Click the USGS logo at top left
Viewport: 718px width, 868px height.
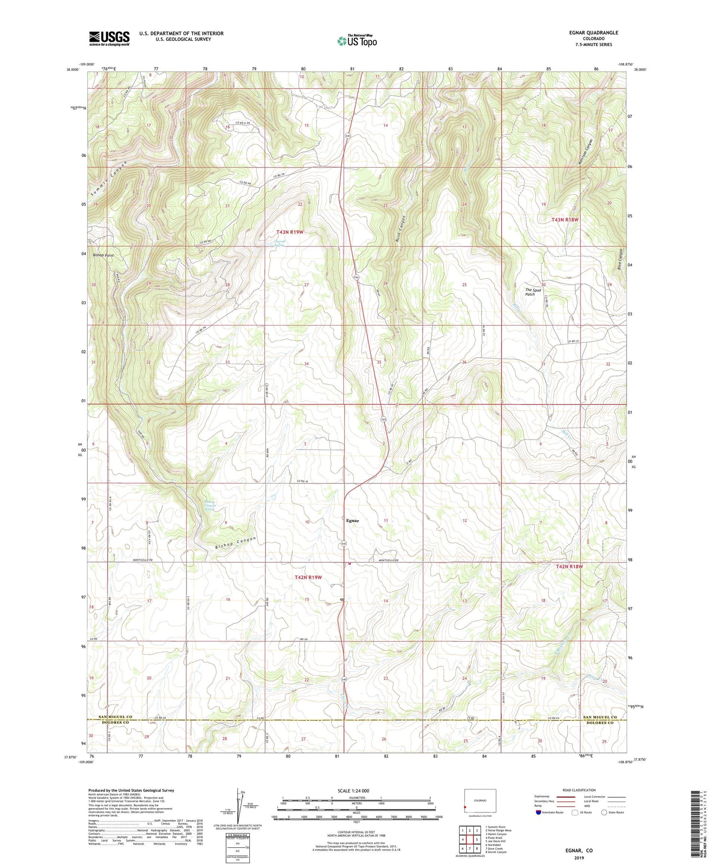[x=109, y=38]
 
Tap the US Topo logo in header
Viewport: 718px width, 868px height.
[x=357, y=41]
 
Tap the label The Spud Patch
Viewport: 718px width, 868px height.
[x=533, y=292]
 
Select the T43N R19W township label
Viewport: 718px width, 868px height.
[x=290, y=232]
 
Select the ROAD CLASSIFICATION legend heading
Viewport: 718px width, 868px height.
[x=579, y=790]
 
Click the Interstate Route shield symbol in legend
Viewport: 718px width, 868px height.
[x=538, y=812]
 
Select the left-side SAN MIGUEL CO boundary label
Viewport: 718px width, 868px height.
[x=116, y=717]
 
